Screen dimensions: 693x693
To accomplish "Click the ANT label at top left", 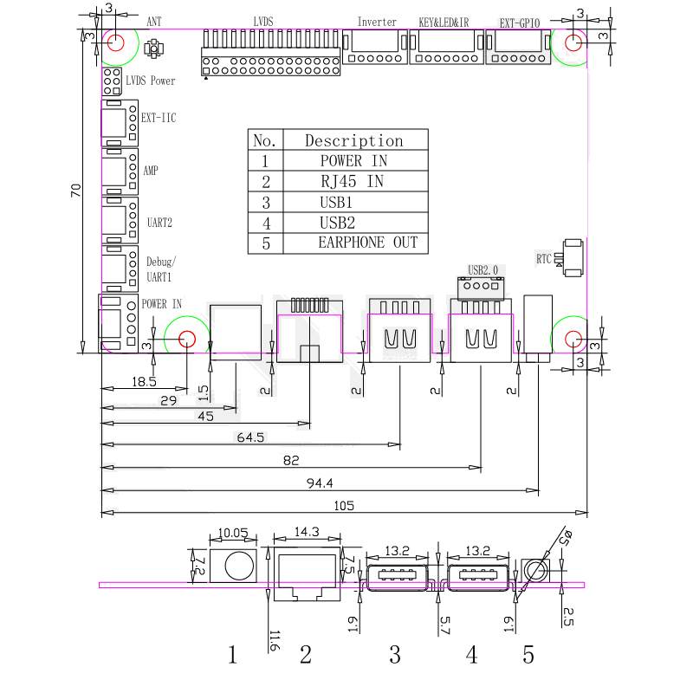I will [x=153, y=22].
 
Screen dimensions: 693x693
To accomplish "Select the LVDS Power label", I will [x=150, y=81].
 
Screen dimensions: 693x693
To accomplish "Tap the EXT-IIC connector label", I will [x=159, y=117].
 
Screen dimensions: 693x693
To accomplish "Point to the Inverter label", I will [x=377, y=22].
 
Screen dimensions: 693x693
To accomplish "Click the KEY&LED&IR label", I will [x=444, y=22].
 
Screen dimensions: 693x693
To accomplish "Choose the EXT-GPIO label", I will [x=520, y=23].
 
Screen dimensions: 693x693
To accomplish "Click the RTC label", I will [x=543, y=258].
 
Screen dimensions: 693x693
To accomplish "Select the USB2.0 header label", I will [x=483, y=269].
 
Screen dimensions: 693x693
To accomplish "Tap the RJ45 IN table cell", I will [x=352, y=182].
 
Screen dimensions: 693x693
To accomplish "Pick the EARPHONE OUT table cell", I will [x=367, y=243].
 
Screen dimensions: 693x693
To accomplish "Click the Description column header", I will [x=353, y=140].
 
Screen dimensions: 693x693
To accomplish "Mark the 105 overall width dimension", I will [x=345, y=505].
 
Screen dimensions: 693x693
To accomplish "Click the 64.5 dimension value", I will [x=250, y=438].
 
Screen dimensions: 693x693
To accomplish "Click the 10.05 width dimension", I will [x=234, y=533].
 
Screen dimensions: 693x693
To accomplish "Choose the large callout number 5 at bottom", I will [x=528, y=654].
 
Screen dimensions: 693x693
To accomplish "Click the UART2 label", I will [x=159, y=223].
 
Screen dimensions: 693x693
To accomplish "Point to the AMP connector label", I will [x=151, y=171].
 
